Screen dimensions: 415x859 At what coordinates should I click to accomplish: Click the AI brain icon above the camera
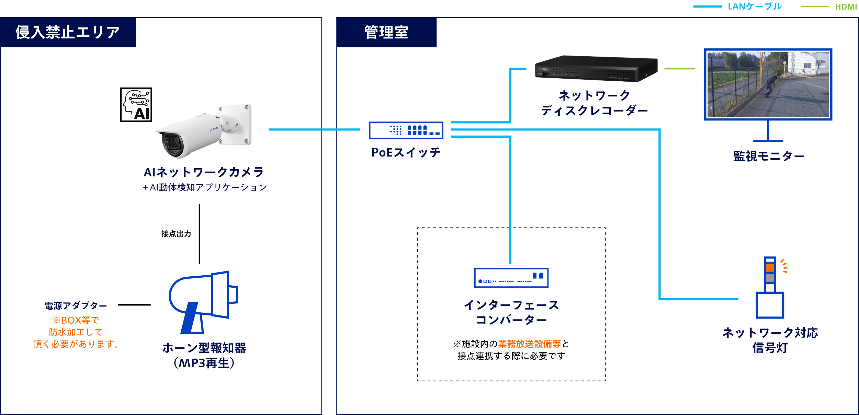click(x=136, y=105)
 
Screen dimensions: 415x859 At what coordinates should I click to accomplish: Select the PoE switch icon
click(x=406, y=130)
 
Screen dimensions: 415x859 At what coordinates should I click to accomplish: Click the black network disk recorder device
click(x=596, y=69)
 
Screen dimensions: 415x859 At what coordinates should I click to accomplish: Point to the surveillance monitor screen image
click(x=768, y=84)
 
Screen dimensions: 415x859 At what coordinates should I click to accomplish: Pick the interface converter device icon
click(x=511, y=278)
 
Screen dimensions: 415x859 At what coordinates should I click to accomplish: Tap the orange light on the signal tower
click(x=770, y=268)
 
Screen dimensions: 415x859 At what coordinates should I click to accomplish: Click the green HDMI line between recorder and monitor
click(x=679, y=69)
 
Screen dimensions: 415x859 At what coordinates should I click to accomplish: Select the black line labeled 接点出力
click(x=200, y=234)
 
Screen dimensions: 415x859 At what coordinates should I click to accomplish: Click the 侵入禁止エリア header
click(x=68, y=32)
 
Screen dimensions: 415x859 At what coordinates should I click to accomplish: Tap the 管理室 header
click(x=386, y=32)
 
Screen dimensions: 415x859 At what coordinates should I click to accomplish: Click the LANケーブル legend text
click(x=755, y=7)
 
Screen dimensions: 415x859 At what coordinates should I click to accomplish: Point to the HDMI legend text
click(x=846, y=7)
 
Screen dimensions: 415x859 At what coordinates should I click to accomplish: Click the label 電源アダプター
click(x=76, y=306)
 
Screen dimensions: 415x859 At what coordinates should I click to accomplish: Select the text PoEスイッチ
click(x=406, y=152)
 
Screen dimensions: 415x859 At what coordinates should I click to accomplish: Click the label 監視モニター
click(x=769, y=156)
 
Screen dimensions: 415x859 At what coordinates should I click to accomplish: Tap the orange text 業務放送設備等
click(x=529, y=344)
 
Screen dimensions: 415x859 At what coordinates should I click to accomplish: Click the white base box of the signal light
click(x=770, y=305)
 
